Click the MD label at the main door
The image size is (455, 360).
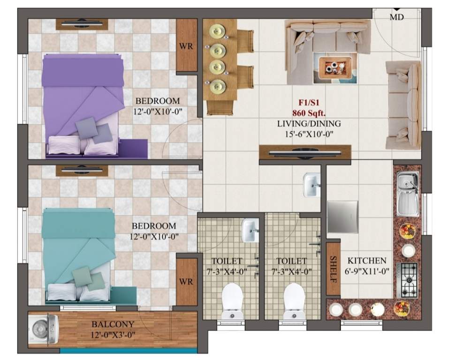pyautogui.click(x=397, y=17)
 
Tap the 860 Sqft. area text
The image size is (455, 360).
pyautogui.click(x=309, y=113)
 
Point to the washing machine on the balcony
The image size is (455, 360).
pyautogui.click(x=43, y=327)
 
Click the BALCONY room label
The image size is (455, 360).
pyautogui.click(x=113, y=324)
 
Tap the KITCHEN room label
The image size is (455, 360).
pyautogui.click(x=367, y=261)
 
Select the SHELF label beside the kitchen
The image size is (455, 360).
pyautogui.click(x=333, y=268)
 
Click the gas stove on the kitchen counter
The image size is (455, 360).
pyautogui.click(x=407, y=279)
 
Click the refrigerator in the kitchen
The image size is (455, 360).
pyautogui.click(x=342, y=217)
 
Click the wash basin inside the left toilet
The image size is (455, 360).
pyautogui.click(x=250, y=230)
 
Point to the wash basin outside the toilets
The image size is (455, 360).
pyautogui.click(x=311, y=184)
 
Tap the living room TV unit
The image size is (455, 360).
pyautogui.click(x=305, y=152)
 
